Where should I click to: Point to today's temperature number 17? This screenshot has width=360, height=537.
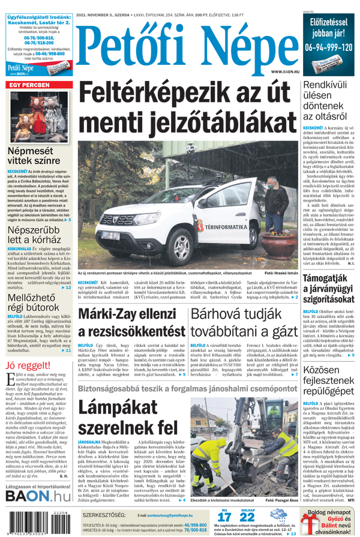click(x=224, y=518)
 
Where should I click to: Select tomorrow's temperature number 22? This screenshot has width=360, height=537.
click(x=247, y=518)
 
